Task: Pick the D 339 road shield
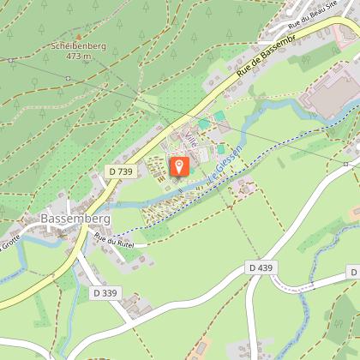[x=105, y=292]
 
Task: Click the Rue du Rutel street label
[x=115, y=241]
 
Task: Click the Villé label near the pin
[x=191, y=141]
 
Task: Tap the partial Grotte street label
[x=10, y=241]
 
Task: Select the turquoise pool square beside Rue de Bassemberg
[x=220, y=116]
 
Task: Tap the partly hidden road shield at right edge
[x=354, y=271]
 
